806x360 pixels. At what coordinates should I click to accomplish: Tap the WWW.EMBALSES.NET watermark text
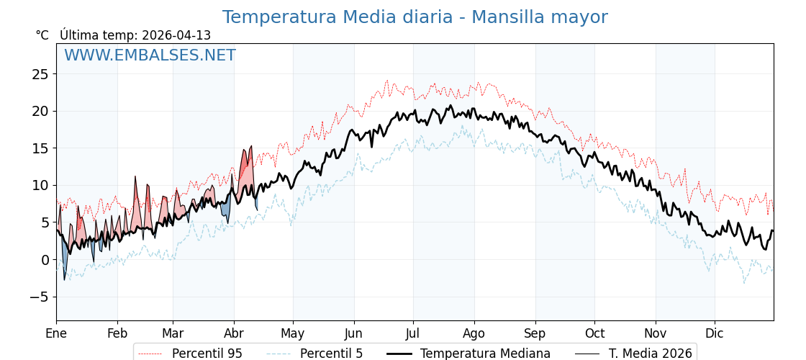pyautogui.click(x=150, y=55)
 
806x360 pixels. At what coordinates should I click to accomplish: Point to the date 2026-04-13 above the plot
pyautogui.click(x=176, y=35)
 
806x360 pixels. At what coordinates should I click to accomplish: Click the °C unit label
pyautogui.click(x=42, y=35)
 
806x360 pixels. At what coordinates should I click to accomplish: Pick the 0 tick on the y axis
pyautogui.click(x=45, y=260)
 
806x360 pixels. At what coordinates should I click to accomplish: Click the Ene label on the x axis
pyautogui.click(x=56, y=333)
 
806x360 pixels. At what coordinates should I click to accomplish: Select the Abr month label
pyautogui.click(x=234, y=333)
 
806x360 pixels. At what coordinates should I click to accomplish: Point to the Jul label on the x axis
pyautogui.click(x=413, y=333)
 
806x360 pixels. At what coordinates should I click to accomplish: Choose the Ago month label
pyautogui.click(x=474, y=333)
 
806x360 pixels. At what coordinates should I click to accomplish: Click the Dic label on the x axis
pyautogui.click(x=715, y=333)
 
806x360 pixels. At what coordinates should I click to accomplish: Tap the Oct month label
pyautogui.click(x=594, y=333)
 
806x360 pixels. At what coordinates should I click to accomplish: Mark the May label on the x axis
pyautogui.click(x=293, y=333)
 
